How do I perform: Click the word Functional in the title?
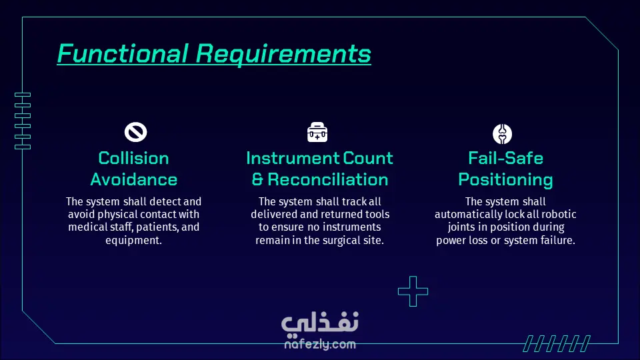click(x=123, y=53)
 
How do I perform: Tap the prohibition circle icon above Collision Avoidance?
click(x=135, y=132)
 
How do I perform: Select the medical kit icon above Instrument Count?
click(x=317, y=132)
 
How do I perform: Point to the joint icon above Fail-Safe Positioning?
click(x=502, y=134)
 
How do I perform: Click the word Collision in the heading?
click(x=133, y=158)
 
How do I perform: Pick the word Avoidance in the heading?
click(x=134, y=179)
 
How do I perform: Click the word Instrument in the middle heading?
click(x=292, y=158)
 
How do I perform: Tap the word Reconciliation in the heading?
click(x=328, y=179)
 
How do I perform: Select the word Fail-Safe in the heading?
click(x=505, y=158)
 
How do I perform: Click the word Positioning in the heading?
click(x=505, y=180)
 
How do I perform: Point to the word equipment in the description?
click(x=133, y=241)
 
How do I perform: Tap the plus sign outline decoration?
click(x=413, y=291)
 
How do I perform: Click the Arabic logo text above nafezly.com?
click(x=320, y=322)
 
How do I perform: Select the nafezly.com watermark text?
click(x=320, y=344)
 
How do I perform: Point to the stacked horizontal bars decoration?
click(x=23, y=121)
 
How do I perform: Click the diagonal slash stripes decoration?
click(x=557, y=344)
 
